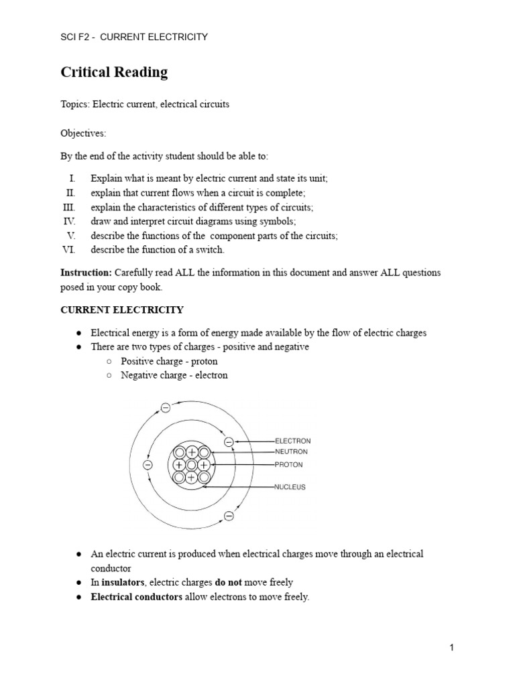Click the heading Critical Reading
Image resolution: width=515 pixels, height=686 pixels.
coord(114,72)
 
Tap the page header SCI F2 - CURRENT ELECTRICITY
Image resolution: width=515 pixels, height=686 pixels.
coord(134,37)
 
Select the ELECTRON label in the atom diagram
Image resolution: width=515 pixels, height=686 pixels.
coord(293,441)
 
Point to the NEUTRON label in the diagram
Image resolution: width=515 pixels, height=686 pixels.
coord(292,452)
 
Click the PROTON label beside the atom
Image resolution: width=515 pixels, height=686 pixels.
coord(289,464)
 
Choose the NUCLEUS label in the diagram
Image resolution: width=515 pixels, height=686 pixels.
coord(290,487)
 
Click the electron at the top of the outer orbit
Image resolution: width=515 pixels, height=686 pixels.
coord(166,407)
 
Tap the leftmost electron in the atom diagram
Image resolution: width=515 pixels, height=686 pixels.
coord(148,465)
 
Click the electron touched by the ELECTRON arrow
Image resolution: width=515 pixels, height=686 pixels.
coord(229,441)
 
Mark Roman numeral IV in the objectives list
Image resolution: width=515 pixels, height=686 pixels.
coord(70,221)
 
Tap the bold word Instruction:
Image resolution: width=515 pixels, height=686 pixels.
coord(87,273)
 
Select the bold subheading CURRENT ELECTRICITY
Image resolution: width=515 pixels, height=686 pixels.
coord(122,310)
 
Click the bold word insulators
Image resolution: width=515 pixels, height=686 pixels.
coord(123,582)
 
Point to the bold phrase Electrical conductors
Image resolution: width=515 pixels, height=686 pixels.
coord(136,597)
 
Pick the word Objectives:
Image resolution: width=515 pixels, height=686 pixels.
coord(83,133)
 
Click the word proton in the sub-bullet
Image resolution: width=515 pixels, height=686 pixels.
coord(204,361)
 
